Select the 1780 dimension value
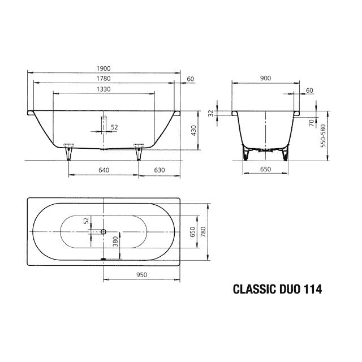(103, 79)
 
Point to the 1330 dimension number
(103, 89)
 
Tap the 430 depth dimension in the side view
(193, 131)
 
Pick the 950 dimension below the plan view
(141, 274)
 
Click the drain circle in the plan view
(104, 231)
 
